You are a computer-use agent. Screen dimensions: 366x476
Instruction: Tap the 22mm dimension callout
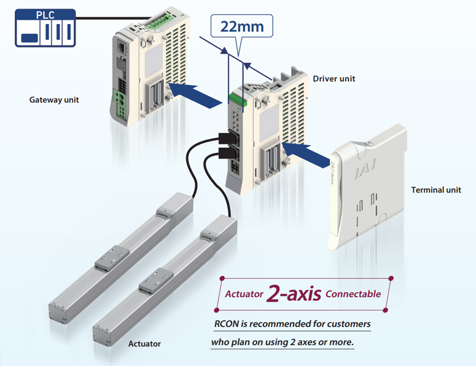[x=241, y=27]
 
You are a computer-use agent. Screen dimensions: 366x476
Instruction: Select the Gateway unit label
[x=54, y=100]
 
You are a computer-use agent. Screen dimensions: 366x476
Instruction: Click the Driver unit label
[x=334, y=79]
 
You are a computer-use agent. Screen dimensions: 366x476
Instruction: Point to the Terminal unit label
[x=436, y=189]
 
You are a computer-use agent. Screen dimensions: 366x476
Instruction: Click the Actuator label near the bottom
[x=144, y=343]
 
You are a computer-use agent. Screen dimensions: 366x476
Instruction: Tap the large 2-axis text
[x=294, y=294]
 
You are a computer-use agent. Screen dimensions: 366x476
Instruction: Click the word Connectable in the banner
[x=353, y=294]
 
